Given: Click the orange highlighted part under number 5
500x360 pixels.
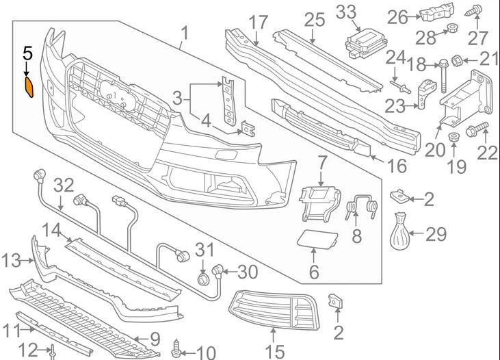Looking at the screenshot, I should coord(31,87).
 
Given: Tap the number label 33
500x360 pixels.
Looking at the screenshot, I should coord(347,12).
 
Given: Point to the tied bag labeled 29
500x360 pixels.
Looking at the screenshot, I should coord(400,233).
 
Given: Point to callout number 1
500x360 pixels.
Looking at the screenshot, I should coord(184,33).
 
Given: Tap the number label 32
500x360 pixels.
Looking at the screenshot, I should coord(63,185).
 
